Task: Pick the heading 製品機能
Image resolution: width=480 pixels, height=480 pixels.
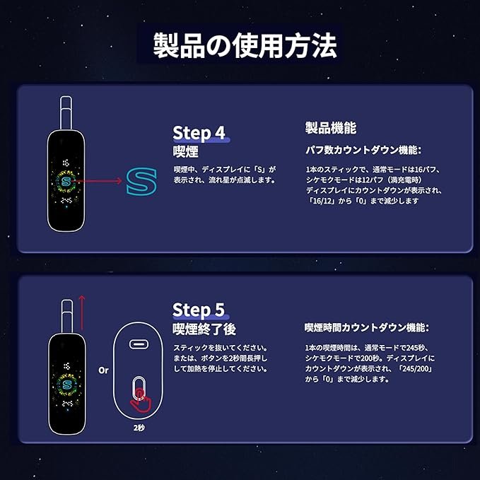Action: (x=330, y=128)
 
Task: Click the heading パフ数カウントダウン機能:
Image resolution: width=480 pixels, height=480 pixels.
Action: (x=363, y=150)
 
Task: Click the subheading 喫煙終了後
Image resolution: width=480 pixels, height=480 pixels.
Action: (x=204, y=329)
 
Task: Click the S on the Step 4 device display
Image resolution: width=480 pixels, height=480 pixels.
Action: (x=66, y=182)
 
